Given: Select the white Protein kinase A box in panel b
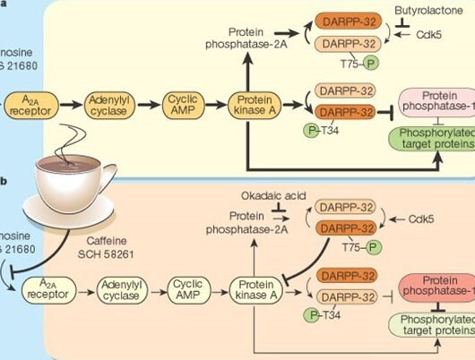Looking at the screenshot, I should pos(257,291).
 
